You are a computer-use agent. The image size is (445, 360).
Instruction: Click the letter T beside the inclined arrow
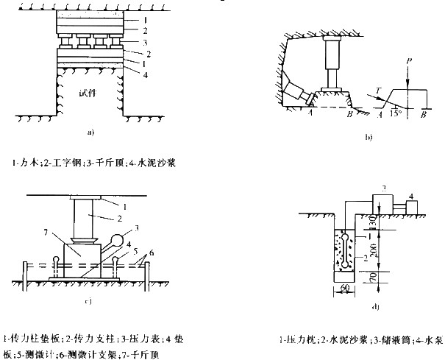tap(380, 90)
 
